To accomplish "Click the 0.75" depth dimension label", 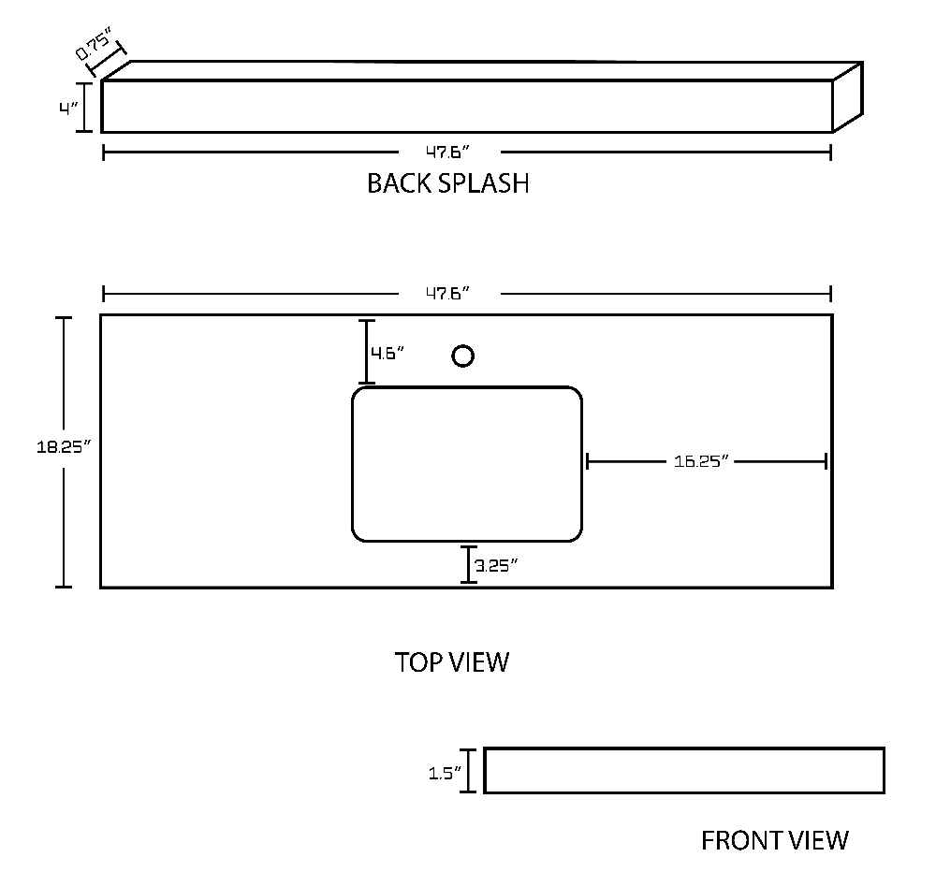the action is tap(94, 46).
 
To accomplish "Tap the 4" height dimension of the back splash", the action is tap(68, 109).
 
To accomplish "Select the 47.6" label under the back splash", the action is tap(447, 153).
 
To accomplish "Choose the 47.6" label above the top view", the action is tap(447, 294).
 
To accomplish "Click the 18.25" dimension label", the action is tap(64, 446).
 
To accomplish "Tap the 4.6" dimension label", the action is tap(388, 354).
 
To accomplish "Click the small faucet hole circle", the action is tap(462, 356).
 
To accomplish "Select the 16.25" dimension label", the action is tap(701, 461).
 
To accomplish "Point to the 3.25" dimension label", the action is tap(496, 565).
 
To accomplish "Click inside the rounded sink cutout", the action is tap(467, 464).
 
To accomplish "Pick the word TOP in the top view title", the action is tap(418, 662).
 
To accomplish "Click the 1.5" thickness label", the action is tap(445, 773).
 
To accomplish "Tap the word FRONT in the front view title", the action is tap(741, 841).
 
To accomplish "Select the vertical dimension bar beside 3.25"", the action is tap(469, 564).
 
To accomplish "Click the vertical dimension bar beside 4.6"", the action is tap(367, 352).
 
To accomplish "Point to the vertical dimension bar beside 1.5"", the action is tap(468, 771).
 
